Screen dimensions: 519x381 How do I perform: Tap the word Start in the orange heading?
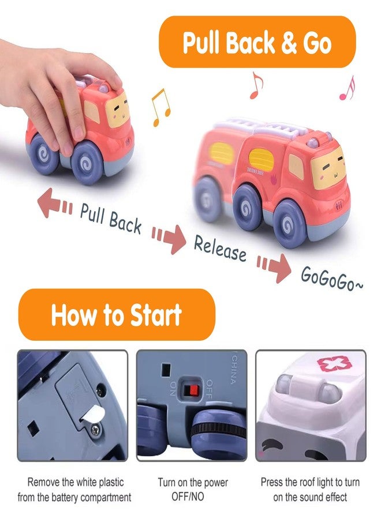click(150, 315)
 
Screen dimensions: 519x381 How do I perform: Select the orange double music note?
click(160, 107)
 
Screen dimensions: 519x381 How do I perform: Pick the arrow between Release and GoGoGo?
click(274, 267)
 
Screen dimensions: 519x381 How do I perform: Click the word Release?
click(220, 247)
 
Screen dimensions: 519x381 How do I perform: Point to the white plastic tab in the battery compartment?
click(88, 417)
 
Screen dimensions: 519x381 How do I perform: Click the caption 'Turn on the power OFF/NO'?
click(192, 489)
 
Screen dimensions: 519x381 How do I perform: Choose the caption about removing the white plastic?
click(74, 489)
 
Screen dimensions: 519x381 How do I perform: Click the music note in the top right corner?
click(346, 88)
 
